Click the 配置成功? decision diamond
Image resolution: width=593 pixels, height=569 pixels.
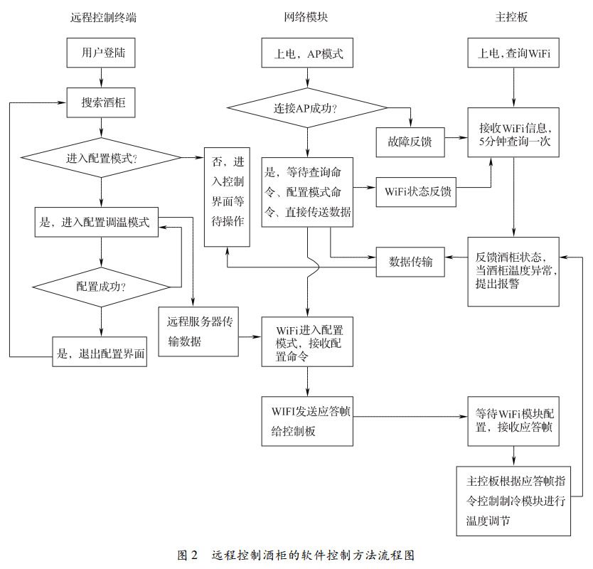click(102, 287)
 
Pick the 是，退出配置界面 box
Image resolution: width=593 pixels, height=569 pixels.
click(100, 351)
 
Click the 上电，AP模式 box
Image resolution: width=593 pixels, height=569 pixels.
click(308, 54)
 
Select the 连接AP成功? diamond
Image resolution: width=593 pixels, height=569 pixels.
click(306, 109)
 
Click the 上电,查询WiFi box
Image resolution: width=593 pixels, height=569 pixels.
click(513, 54)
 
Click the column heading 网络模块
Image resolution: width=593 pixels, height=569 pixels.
click(307, 18)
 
